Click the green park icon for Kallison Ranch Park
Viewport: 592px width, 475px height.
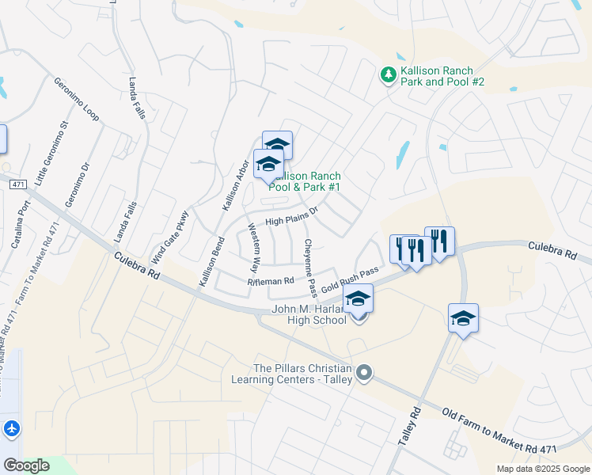coord(389,75)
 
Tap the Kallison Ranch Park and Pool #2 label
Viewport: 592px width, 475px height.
coord(442,76)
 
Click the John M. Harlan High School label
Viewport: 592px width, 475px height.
coord(309,314)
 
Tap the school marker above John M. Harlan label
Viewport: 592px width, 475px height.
coord(358,298)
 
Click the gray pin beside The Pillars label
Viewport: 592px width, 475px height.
coord(364,372)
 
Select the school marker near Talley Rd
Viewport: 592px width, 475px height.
coord(463,318)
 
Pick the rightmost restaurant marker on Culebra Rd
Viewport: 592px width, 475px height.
coord(439,241)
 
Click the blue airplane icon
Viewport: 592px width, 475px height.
coord(11,428)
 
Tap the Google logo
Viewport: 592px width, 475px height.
coord(26,465)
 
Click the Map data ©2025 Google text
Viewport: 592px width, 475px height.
coord(542,469)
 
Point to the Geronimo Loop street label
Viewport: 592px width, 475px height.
coord(76,99)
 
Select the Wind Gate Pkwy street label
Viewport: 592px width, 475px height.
coord(171,237)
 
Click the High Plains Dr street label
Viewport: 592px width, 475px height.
coord(290,215)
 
